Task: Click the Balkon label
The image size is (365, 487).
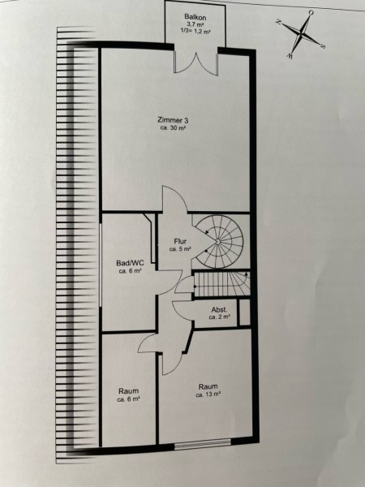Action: [195, 17]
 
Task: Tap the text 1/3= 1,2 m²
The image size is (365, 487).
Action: [195, 31]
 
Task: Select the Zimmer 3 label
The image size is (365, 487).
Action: [173, 120]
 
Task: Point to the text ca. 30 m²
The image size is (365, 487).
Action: [173, 127]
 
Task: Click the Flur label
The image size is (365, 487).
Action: [180, 241]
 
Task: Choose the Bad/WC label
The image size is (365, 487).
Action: [130, 263]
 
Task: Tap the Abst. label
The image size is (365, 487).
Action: [220, 310]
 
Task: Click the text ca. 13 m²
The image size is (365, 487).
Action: [208, 394]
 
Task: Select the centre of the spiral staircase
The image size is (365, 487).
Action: [218, 241]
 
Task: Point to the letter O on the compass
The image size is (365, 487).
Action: [311, 12]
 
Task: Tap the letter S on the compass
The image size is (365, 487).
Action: [323, 46]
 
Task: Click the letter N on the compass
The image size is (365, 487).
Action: [278, 22]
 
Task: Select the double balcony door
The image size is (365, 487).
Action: [195, 63]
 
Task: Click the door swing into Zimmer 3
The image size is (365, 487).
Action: [174, 199]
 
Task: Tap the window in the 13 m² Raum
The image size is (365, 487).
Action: [203, 444]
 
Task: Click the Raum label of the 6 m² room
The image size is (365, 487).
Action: [128, 390]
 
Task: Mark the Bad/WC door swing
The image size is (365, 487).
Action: [170, 282]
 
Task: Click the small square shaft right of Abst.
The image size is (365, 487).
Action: [245, 312]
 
